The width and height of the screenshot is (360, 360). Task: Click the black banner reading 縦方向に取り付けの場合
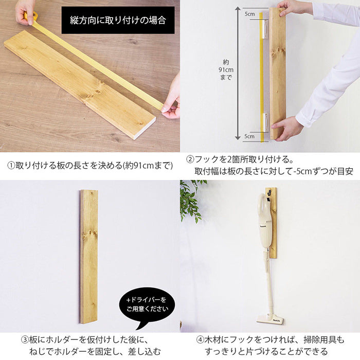[118, 20]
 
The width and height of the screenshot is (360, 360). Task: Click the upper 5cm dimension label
[249, 14]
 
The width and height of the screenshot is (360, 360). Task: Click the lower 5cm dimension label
[249, 136]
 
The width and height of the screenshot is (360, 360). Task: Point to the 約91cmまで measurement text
[226, 70]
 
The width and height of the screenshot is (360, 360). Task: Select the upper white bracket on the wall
[266, 30]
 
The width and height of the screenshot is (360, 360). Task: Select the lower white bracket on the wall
[266, 122]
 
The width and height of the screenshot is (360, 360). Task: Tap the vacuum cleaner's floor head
[270, 319]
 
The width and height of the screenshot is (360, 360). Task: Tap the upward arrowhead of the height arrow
[238, 9]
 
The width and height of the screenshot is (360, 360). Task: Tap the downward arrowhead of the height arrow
[238, 138]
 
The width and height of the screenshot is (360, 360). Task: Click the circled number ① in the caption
[11, 166]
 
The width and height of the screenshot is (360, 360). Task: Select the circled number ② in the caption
[190, 159]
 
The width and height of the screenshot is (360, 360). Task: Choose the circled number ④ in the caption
[200, 339]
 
